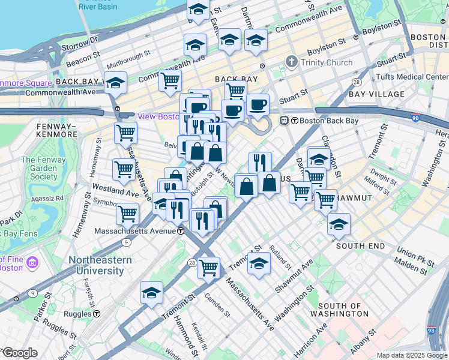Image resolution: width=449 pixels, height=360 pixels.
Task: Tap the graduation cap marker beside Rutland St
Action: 259,263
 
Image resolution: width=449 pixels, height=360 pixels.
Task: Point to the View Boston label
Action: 158,116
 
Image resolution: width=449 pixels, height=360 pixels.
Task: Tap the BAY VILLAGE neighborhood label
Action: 377,94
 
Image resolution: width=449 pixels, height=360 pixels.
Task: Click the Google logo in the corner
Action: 19,353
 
